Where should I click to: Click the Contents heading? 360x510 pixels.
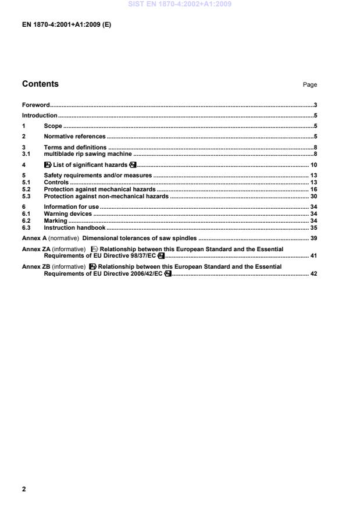40,84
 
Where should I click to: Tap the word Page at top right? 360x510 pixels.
309,85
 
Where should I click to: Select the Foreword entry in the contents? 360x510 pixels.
35,105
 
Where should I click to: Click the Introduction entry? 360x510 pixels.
39,115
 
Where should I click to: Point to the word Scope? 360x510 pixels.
53,126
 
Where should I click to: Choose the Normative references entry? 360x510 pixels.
74,136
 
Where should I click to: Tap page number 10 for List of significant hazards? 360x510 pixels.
313,165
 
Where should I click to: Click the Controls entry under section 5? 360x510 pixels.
56,182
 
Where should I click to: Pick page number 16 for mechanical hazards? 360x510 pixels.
313,189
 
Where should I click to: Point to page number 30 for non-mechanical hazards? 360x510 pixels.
313,196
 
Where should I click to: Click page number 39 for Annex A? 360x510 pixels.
313,238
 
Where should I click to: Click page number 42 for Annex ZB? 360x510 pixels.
313,273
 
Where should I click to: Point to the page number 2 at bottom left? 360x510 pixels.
24,489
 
